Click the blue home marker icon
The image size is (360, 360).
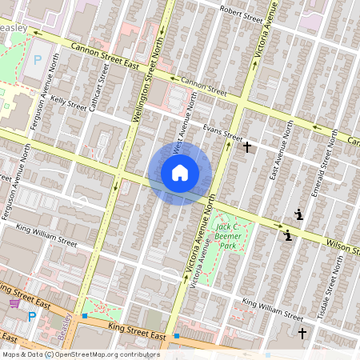click(180, 172)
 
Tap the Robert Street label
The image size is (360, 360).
click(242, 14)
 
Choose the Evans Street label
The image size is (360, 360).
click(222, 128)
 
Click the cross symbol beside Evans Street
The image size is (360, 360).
click(248, 147)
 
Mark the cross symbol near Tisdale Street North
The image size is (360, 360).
click(302, 332)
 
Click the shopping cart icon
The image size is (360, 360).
click(14, 302)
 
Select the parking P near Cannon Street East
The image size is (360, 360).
click(36, 61)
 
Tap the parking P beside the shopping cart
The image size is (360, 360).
click(32, 317)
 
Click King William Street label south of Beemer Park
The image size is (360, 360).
click(273, 304)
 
